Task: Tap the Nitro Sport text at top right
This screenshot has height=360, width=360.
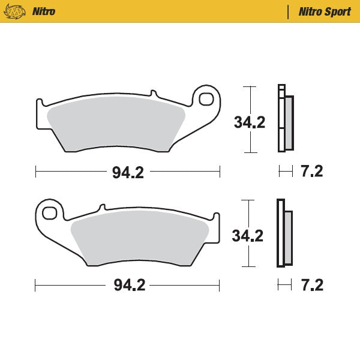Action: pyautogui.click(x=325, y=11)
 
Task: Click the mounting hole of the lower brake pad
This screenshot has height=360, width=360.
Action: pyautogui.click(x=50, y=212)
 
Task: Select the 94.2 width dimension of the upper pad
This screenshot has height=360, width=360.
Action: pyautogui.click(x=128, y=173)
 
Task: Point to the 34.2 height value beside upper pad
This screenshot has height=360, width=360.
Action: pyautogui.click(x=249, y=122)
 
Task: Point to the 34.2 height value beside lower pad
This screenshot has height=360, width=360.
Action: pyautogui.click(x=248, y=236)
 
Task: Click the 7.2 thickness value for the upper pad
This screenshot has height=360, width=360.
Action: pyautogui.click(x=311, y=172)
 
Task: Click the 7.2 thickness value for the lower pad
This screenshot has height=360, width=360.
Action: pyautogui.click(x=311, y=285)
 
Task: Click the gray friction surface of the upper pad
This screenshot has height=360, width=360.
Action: pyautogui.click(x=114, y=123)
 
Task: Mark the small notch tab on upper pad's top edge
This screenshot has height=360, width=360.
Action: pyautogui.click(x=153, y=94)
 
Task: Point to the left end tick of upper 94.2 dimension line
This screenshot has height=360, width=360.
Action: pyautogui.click(x=36, y=173)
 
